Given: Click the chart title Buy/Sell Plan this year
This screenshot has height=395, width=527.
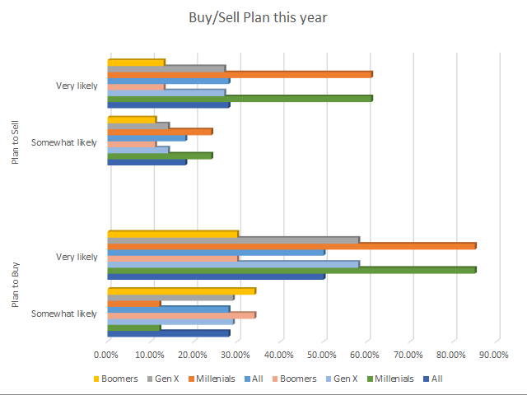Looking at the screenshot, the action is [258, 17].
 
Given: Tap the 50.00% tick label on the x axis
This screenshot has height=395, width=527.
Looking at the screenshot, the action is [322, 355].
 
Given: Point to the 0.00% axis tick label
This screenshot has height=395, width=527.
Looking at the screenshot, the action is [106, 355].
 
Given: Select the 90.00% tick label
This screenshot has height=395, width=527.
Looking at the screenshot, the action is [494, 355].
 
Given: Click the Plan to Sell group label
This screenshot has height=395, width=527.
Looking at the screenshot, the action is [15, 142].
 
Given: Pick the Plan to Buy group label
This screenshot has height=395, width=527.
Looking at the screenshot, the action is [15, 285].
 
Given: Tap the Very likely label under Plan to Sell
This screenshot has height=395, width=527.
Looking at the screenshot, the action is [77, 86].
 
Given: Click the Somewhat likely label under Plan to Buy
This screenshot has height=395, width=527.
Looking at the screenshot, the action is [64, 314].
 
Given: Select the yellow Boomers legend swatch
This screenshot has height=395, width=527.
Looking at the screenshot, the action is [96, 379].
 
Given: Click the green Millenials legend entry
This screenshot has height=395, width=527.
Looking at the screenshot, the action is [390, 379].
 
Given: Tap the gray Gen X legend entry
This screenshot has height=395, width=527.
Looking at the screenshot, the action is [163, 379].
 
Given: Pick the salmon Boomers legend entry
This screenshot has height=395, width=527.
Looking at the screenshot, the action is [295, 379].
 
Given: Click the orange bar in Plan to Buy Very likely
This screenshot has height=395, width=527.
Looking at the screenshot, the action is [291, 246].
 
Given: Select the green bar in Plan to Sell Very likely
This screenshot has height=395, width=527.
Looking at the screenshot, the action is [240, 99].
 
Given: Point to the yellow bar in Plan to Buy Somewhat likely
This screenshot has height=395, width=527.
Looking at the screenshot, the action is [182, 291].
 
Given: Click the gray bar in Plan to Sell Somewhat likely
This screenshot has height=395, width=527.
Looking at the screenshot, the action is [138, 126].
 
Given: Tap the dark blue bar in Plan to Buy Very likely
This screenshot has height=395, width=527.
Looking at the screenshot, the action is [216, 276].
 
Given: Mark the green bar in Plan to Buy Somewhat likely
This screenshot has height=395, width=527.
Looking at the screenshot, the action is [134, 328].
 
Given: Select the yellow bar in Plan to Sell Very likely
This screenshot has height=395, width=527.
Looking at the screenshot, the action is [136, 63].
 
